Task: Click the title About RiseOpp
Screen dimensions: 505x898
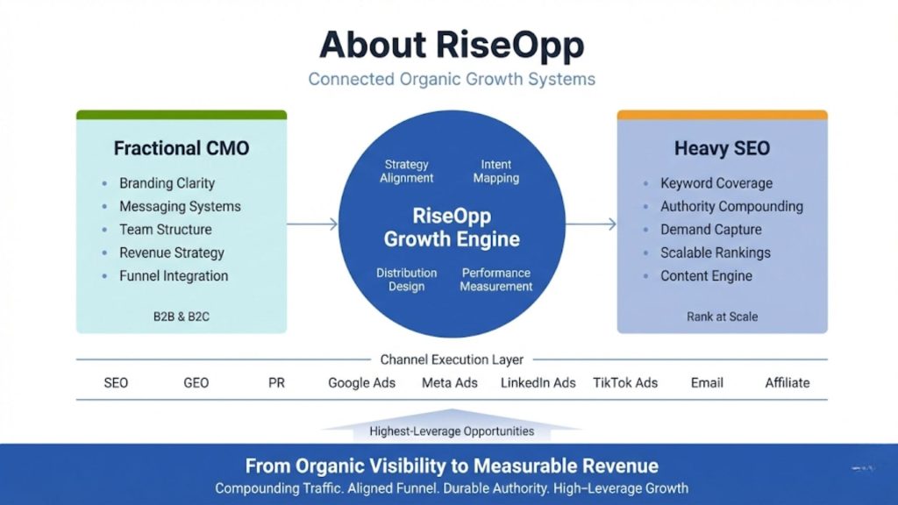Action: point(451,44)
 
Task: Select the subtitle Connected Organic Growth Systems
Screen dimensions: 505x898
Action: point(451,79)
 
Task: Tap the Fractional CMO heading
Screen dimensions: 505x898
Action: point(182,148)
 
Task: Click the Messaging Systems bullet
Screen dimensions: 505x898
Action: point(180,207)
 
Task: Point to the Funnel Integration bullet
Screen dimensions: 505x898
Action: point(174,276)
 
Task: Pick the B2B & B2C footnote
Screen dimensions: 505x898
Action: point(181,317)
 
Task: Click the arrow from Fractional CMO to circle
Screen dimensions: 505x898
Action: point(312,224)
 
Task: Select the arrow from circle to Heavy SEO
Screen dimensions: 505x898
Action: point(590,224)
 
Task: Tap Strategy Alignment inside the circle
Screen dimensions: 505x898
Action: point(407,171)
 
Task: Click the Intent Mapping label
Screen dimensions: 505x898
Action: point(495,171)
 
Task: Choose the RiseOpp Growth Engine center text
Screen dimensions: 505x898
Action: point(452,227)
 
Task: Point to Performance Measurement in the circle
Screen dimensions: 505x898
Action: point(495,280)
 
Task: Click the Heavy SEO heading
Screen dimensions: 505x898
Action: point(722,148)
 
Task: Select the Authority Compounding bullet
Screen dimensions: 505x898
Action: point(731,207)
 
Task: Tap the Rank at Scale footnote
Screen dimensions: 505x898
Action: point(722,317)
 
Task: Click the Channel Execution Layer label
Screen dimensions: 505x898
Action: point(452,359)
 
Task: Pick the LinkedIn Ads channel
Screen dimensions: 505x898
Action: point(538,383)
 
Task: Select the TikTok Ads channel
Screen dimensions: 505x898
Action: point(624,383)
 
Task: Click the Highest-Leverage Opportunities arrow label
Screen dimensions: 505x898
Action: point(452,430)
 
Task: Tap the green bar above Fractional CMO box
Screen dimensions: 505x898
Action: point(182,115)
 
